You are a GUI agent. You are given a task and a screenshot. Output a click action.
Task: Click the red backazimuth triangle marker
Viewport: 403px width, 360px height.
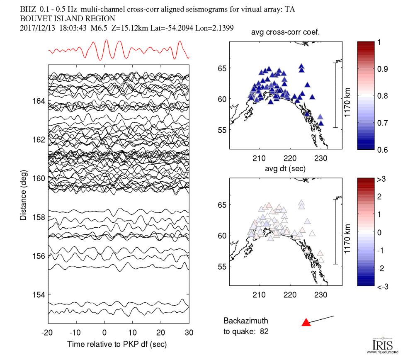[x=306, y=322]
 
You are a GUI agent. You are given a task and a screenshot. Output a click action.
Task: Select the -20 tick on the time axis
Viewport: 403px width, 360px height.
[x=47, y=333]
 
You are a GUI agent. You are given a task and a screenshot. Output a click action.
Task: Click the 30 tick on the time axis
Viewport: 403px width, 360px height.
[x=189, y=333]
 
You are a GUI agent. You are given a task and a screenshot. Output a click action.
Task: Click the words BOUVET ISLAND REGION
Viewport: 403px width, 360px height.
[x=68, y=19]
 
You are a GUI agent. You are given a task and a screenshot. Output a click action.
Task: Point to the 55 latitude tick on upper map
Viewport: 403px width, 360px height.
[x=223, y=130]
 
